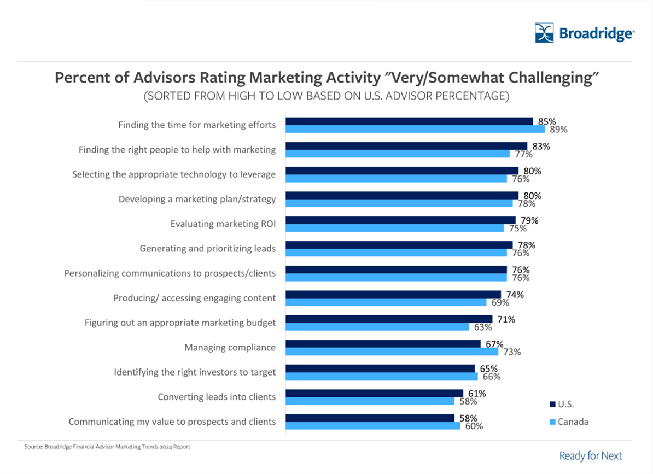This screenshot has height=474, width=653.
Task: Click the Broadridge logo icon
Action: [x=544, y=33]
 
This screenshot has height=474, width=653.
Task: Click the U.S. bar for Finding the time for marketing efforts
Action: [x=409, y=121]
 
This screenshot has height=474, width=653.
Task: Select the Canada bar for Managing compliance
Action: [x=392, y=352]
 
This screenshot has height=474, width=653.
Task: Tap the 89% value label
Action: [x=559, y=130]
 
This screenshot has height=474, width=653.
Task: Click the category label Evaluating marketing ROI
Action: [x=223, y=224]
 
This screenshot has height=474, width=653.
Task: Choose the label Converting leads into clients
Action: [x=217, y=396]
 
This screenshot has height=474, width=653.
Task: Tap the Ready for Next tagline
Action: [x=591, y=455]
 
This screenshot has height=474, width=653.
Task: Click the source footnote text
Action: [x=107, y=447]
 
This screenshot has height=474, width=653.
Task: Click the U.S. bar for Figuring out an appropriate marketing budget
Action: [x=389, y=319]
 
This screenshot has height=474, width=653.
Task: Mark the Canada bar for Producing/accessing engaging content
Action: [x=386, y=302]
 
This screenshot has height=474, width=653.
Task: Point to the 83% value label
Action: [x=541, y=146]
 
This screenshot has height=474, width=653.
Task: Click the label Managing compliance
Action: [x=230, y=347]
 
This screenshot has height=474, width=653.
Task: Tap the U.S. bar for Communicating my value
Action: [x=370, y=418]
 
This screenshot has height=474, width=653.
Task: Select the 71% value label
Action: [x=506, y=319]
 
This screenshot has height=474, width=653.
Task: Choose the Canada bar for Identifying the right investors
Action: [x=382, y=376]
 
